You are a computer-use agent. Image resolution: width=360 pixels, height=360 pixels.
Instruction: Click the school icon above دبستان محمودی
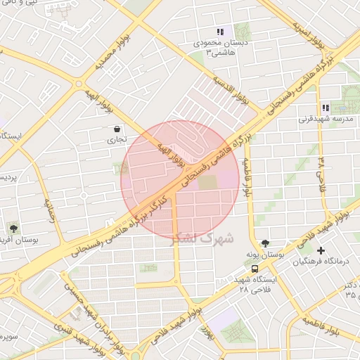pos(219,32)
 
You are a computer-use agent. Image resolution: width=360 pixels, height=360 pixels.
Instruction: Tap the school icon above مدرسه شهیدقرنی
pos(326,108)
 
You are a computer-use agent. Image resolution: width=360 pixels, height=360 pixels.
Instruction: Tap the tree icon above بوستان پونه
pos(264,243)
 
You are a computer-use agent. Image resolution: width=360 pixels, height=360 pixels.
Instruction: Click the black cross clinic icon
pos(321,250)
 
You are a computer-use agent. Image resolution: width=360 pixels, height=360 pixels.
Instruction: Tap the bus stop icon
pos(254,269)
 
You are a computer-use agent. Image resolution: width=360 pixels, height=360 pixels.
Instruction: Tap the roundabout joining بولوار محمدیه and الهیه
pos(78,84)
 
